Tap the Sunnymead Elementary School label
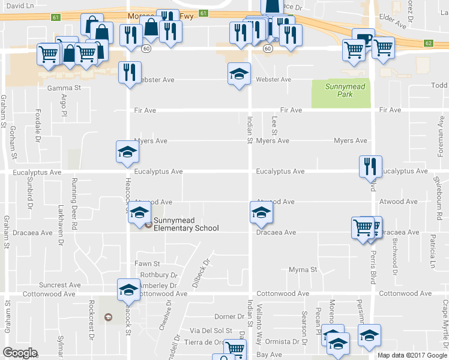(185, 224)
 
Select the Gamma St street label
(64, 88)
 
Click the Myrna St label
(303, 270)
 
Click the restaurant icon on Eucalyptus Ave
(370, 166)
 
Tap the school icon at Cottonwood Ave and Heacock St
(128, 290)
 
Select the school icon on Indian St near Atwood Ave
(261, 211)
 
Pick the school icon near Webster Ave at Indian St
(239, 74)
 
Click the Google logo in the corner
(20, 352)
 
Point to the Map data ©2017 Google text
(412, 355)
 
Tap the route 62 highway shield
(428, 43)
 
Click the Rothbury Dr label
(158, 275)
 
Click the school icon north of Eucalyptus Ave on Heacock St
(127, 152)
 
